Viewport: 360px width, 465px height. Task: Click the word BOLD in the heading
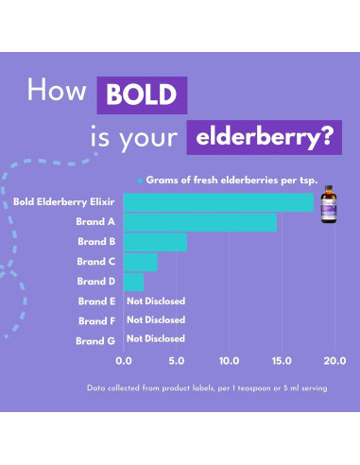142,96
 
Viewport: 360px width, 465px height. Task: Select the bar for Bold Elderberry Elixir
217,202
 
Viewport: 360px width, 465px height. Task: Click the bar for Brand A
199,222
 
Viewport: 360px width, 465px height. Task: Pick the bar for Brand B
155,242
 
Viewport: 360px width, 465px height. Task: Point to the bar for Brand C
140,262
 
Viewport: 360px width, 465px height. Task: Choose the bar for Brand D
133,282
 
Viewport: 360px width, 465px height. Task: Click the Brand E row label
97,301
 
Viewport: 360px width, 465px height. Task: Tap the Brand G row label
97,338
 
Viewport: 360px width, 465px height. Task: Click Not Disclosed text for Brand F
156,319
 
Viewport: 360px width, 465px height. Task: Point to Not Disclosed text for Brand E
156,301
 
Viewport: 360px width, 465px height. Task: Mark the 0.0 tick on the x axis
124,360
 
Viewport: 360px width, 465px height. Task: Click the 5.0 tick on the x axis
176,360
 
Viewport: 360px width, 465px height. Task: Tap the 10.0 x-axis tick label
228,360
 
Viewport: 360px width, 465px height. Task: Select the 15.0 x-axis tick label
280,360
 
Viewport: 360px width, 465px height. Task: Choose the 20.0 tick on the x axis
333,360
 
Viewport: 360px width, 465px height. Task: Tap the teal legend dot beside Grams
139,179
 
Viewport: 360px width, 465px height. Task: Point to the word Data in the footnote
96,388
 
